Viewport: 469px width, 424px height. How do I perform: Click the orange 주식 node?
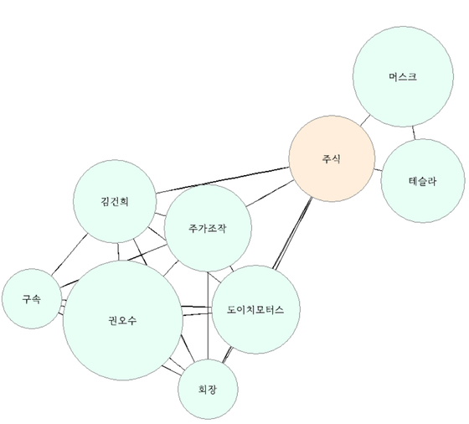pyautogui.click(x=332, y=158)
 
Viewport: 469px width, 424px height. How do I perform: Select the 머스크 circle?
pyautogui.click(x=403, y=76)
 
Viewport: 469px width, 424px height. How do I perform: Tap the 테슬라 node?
pyautogui.click(x=423, y=181)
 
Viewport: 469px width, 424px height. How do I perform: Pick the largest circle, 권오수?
pyautogui.click(x=122, y=320)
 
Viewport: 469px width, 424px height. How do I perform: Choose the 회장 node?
pyautogui.click(x=208, y=390)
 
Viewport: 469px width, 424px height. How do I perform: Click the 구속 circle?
pyautogui.click(x=32, y=298)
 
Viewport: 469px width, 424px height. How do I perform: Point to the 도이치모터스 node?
pyautogui.click(x=255, y=309)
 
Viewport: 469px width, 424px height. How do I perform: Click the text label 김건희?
pyautogui.click(x=115, y=201)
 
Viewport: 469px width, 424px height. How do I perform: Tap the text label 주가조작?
pyautogui.click(x=208, y=228)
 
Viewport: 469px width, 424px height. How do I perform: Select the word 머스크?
pyautogui.click(x=403, y=76)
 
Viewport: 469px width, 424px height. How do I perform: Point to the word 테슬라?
pyautogui.click(x=423, y=181)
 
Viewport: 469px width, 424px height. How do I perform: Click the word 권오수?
pyautogui.click(x=122, y=320)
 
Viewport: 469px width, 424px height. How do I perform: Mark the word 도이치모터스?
pyautogui.click(x=255, y=309)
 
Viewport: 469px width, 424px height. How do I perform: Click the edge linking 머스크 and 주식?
pyautogui.click(x=365, y=121)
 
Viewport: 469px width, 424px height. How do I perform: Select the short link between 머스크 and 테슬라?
pyautogui.click(x=414, y=133)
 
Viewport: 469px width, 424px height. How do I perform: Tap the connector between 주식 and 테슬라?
pyautogui.click(x=378, y=170)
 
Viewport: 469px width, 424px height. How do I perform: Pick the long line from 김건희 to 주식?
pyautogui.click(x=223, y=180)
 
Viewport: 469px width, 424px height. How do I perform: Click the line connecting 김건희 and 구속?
pyautogui.click(x=70, y=255)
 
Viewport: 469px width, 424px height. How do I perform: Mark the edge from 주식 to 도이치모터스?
pyautogui.click(x=292, y=234)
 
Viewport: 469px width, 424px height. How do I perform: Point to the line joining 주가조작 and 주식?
pyautogui.click(x=270, y=194)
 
